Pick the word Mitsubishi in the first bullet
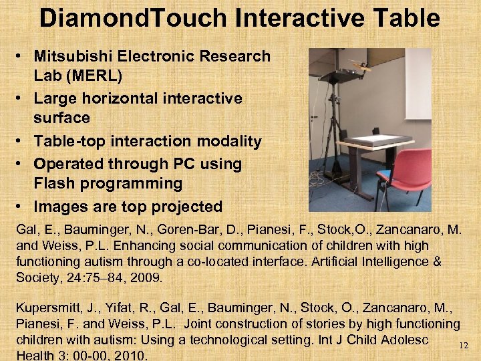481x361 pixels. (74, 57)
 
